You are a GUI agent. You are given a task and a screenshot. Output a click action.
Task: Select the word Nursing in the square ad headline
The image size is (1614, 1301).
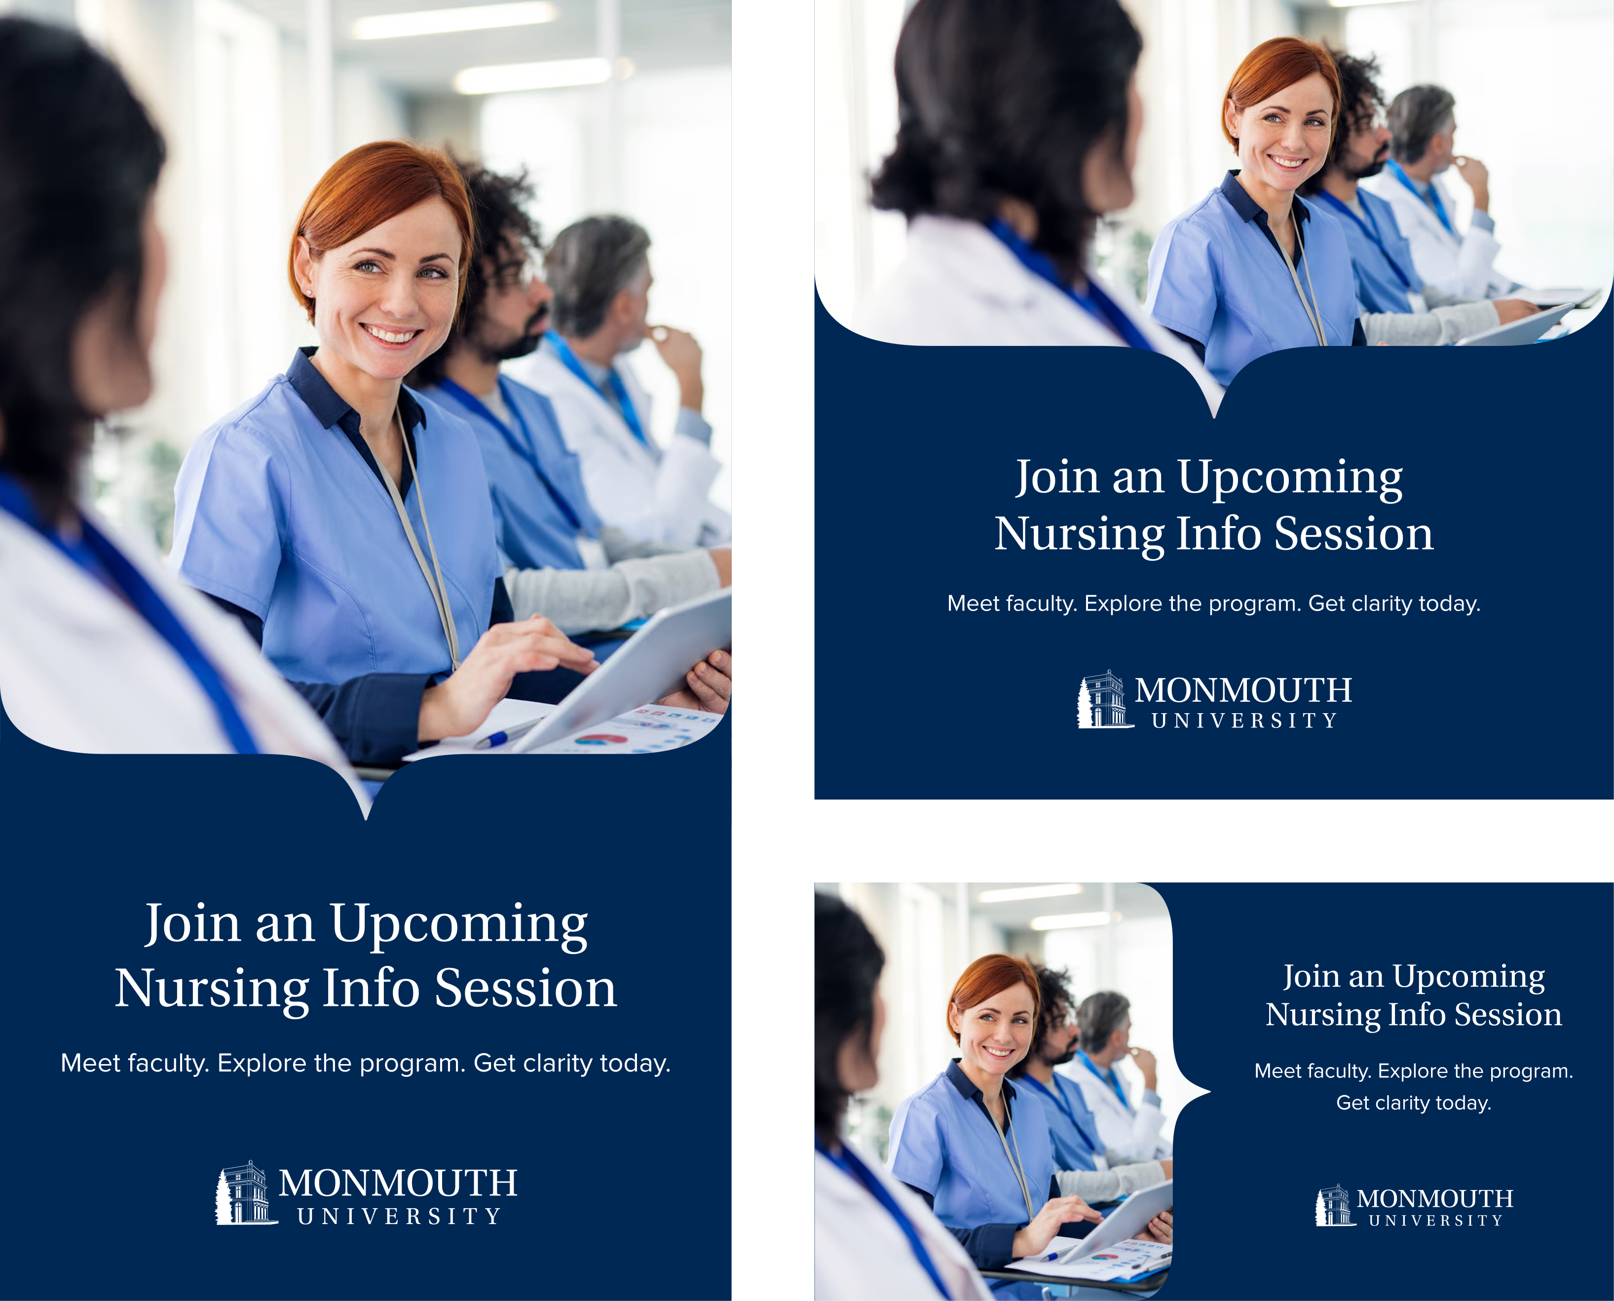click(x=1079, y=535)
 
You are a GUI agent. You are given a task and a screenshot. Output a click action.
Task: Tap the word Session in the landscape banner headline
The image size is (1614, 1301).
click(x=1508, y=1015)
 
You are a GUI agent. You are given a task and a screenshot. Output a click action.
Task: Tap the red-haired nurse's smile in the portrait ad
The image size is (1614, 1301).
click(x=390, y=333)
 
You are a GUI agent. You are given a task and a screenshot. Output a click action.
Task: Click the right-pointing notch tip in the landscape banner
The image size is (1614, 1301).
click(x=1209, y=1092)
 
